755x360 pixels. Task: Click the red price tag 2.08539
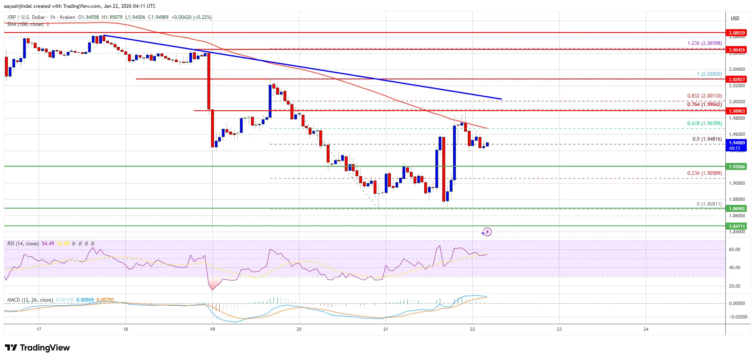736,33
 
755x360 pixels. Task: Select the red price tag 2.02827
736,79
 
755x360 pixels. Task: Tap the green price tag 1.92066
736,167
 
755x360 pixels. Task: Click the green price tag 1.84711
736,226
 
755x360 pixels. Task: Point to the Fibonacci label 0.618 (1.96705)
704,123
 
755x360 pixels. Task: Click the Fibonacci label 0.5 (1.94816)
707,139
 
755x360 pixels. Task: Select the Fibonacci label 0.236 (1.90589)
704,173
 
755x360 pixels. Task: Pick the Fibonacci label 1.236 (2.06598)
704,43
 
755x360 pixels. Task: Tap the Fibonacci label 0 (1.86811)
709,204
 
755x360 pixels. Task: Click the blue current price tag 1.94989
736,145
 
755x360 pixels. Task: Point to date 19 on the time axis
212,329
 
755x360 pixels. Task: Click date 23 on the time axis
559,329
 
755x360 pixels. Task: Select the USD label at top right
735,19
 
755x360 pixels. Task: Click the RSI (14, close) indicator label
23,244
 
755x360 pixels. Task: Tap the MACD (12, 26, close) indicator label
30,300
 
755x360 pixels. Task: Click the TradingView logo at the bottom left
37,348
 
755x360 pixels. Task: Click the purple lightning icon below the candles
486,232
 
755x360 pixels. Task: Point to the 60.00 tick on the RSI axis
734,249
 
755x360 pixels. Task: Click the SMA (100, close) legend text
25,24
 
